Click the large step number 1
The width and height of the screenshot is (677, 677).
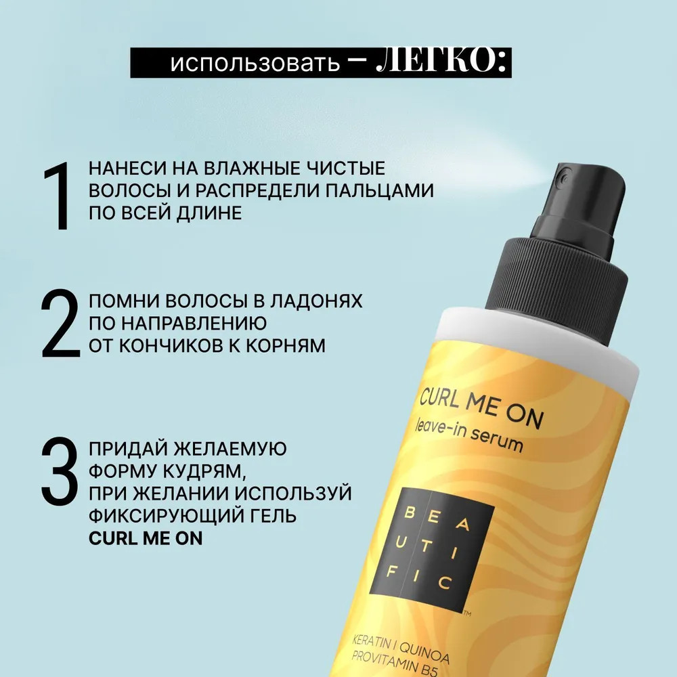pos(58,196)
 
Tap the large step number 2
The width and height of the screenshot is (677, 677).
pos(61,323)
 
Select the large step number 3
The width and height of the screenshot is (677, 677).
pos(60,471)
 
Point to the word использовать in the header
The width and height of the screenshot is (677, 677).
pos(255,63)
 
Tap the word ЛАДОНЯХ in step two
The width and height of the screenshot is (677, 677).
pos(316,301)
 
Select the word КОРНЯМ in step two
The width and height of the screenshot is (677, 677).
pos(286,346)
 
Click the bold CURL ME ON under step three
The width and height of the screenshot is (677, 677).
pos(146,538)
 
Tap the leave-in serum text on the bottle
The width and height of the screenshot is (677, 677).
pos(468,437)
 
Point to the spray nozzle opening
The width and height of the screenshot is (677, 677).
pos(562,175)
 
